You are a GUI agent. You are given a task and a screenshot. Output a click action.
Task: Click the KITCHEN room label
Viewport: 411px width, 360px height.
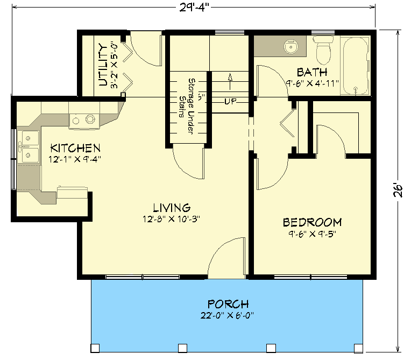[x=75, y=147]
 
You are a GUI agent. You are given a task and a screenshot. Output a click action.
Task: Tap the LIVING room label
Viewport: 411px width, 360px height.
[x=171, y=207]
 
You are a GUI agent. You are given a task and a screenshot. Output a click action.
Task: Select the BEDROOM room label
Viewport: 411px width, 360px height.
[x=313, y=222]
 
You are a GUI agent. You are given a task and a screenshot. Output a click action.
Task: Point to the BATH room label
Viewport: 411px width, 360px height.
[x=312, y=72]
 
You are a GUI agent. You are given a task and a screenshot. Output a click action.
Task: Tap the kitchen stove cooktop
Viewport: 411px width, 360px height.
[x=82, y=119]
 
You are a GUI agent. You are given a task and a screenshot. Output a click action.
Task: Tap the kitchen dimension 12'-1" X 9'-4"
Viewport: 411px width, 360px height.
[x=75, y=159]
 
